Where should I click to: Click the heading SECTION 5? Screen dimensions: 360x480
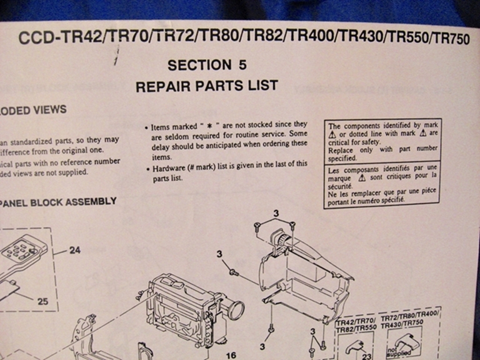pyautogui.click(x=207, y=65)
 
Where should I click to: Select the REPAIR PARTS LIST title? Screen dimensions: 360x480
pyautogui.click(x=206, y=86)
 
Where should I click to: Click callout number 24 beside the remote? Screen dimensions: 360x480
pyautogui.click(x=75, y=251)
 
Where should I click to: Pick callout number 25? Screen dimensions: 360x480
pyautogui.click(x=42, y=301)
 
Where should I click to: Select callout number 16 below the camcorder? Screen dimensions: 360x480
pyautogui.click(x=231, y=355)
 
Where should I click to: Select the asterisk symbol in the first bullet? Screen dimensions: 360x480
pyautogui.click(x=209, y=126)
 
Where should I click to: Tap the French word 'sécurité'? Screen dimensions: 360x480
pyautogui.click(x=343, y=186)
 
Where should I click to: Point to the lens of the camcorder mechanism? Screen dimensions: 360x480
pyautogui.click(x=236, y=309)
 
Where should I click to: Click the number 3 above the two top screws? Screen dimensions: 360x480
pyautogui.click(x=275, y=214)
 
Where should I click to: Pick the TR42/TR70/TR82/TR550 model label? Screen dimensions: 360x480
pyautogui.click(x=356, y=327)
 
